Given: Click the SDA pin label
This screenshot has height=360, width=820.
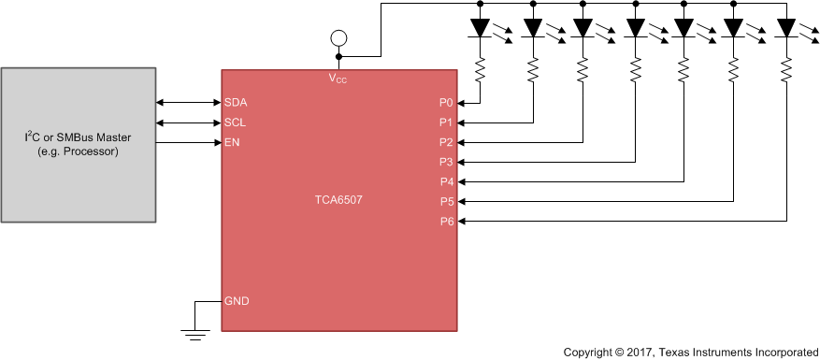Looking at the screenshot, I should pyautogui.click(x=237, y=102).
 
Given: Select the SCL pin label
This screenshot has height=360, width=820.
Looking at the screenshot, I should pyautogui.click(x=236, y=122).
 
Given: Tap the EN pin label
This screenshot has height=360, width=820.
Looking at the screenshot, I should pyautogui.click(x=232, y=142).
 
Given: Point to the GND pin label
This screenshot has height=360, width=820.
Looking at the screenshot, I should pyautogui.click(x=237, y=301).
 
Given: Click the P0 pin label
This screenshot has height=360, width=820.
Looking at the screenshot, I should pyautogui.click(x=445, y=102).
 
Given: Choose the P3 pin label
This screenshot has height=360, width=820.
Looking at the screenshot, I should pyautogui.click(x=445, y=162).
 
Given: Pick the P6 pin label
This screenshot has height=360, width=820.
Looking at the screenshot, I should pyautogui.click(x=445, y=222).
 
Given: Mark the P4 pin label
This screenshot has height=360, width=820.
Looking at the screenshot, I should pyautogui.click(x=445, y=181).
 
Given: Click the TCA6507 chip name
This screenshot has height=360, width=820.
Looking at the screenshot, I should pyautogui.click(x=338, y=200).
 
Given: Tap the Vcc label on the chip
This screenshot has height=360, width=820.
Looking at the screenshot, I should pyautogui.click(x=338, y=79).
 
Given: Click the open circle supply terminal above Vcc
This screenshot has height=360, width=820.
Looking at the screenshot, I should pyautogui.click(x=338, y=38).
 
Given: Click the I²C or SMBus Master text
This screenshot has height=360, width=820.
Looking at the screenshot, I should pyautogui.click(x=78, y=137).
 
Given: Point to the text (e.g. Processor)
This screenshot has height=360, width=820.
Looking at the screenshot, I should pyautogui.click(x=78, y=151).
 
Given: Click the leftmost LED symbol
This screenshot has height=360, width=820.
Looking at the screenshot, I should pyautogui.click(x=480, y=29).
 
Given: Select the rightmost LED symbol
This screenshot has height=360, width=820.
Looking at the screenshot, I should pyautogui.click(x=785, y=29).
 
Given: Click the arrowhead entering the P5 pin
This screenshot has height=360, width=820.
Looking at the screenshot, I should pyautogui.click(x=463, y=201).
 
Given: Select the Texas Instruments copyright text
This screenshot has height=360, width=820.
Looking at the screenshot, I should pyautogui.click(x=690, y=352).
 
